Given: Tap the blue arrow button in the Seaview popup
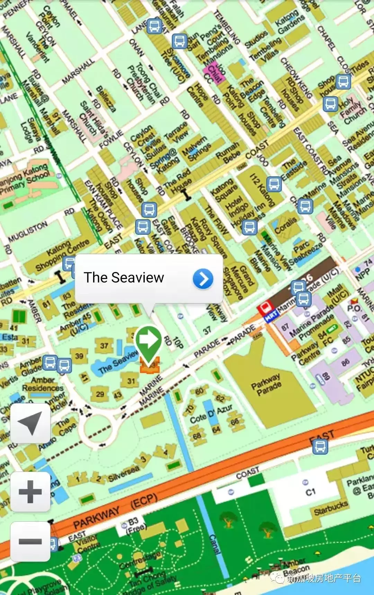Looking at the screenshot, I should (x=203, y=279).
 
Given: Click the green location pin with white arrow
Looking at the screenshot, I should (x=149, y=341).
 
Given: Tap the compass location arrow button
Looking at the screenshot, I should (x=30, y=423).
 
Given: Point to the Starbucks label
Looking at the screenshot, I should (x=331, y=508).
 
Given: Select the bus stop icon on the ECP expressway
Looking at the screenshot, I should (x=320, y=446).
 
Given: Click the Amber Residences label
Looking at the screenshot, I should (x=43, y=384).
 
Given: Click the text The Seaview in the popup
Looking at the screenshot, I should (x=124, y=278).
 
